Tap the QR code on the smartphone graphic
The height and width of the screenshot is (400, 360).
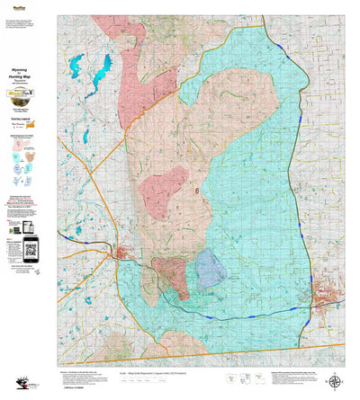click(x=30, y=247)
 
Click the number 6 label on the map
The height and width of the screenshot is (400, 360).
click(x=196, y=190)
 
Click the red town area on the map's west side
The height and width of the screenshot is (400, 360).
click(x=119, y=257)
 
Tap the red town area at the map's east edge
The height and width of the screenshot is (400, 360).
click(x=326, y=294)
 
